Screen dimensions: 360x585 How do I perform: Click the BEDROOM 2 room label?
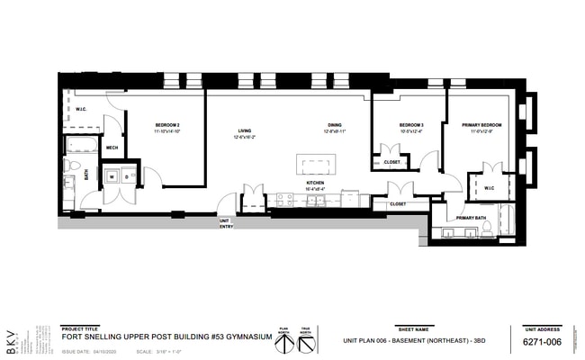click(x=166, y=124)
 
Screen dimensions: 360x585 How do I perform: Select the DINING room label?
click(x=334, y=125)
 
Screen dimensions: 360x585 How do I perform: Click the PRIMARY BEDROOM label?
click(x=481, y=124)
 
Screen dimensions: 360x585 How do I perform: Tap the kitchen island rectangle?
click(x=317, y=166)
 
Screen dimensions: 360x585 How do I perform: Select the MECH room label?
click(x=112, y=148)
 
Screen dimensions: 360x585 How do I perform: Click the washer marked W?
click(x=113, y=176)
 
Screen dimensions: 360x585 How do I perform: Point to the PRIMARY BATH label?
click(x=471, y=218)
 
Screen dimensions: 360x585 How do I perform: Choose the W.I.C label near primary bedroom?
click(x=489, y=188)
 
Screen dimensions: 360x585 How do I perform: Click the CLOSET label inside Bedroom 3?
click(x=391, y=162)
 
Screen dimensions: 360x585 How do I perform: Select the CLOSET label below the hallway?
click(x=397, y=204)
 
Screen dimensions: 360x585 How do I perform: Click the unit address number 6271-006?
click(x=542, y=343)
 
